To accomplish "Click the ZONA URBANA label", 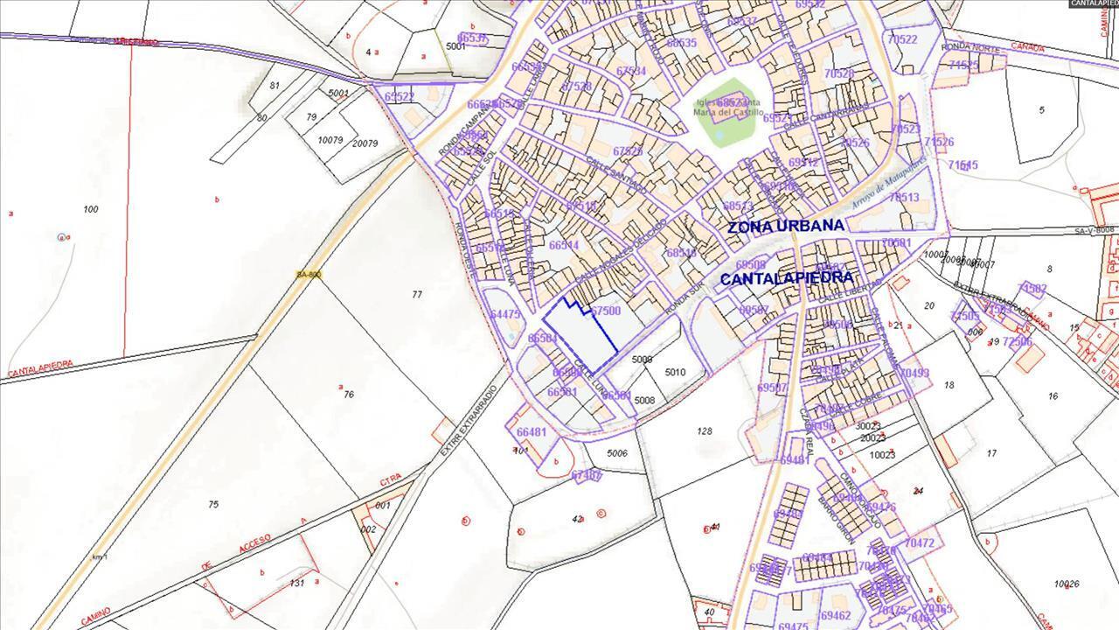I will [786, 226].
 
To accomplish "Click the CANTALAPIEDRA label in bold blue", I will [786, 278].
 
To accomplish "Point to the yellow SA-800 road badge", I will [309, 275].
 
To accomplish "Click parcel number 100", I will [90, 209].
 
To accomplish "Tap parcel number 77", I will [417, 295].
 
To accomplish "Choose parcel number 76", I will [348, 395].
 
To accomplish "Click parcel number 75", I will [213, 505].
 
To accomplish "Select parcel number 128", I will [705, 430].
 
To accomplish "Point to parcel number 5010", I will [675, 373].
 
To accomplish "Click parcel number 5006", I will [617, 453].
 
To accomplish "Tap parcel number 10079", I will [330, 140].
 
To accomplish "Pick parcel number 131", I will [296, 583].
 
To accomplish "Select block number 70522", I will [901, 40].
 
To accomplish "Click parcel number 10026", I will [1067, 584].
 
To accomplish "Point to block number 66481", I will [531, 432].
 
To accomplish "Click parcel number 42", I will [577, 520].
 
